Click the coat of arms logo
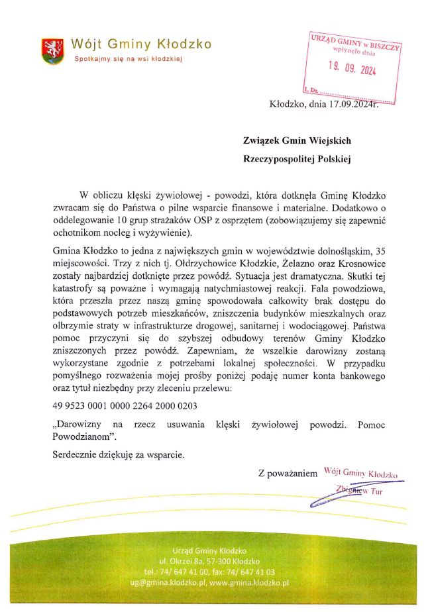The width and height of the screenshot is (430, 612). (x=52, y=51)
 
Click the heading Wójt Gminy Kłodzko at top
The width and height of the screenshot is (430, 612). (x=141, y=44)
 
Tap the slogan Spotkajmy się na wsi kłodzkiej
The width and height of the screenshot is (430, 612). (x=127, y=59)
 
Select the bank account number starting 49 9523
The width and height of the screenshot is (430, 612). (x=124, y=405)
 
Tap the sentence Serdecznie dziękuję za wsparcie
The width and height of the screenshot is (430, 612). (x=119, y=455)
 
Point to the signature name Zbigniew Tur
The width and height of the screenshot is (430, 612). (x=359, y=491)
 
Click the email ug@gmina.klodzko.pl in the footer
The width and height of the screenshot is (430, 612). (x=168, y=582)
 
